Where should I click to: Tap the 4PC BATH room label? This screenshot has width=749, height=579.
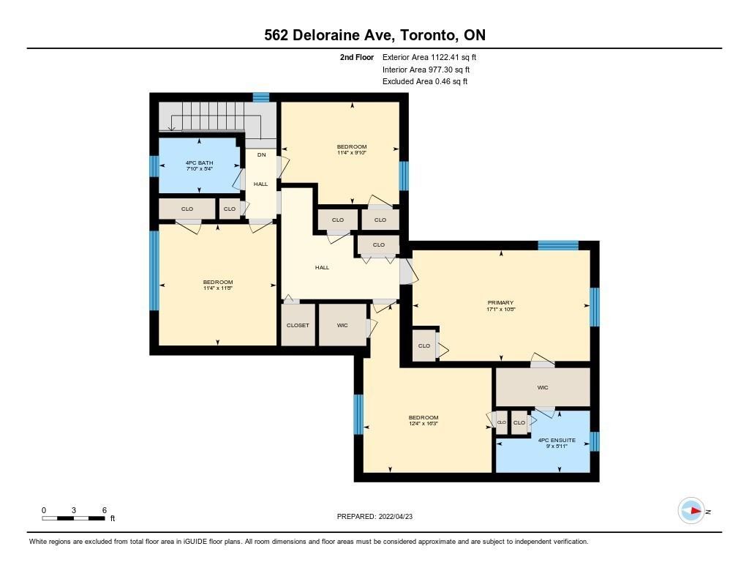tap(199, 163)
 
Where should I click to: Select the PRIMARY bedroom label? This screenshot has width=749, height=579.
tap(500, 302)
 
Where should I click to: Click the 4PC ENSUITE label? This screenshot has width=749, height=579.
tap(557, 441)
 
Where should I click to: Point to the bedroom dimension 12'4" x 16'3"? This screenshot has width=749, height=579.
tap(424, 424)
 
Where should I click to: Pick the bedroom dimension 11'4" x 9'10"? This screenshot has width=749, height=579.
tap(352, 153)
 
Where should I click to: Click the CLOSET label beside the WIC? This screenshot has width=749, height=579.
tap(298, 325)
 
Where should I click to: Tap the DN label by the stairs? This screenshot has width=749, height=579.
tap(261, 155)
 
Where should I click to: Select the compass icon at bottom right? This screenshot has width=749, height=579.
tap(691, 511)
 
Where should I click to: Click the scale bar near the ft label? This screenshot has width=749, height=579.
tap(74, 518)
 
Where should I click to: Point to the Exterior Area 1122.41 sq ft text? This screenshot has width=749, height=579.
tap(429, 57)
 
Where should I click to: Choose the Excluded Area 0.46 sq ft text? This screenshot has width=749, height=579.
tap(425, 81)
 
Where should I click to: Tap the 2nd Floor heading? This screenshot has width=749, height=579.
tap(357, 57)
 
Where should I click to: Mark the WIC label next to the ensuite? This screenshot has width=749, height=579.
tap(543, 388)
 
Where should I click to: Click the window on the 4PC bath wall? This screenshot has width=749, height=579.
tap(154, 166)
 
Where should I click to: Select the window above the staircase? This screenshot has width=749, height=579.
tap(261, 97)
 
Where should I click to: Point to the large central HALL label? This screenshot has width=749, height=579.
tap(322, 268)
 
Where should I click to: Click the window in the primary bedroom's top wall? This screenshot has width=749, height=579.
tap(558, 245)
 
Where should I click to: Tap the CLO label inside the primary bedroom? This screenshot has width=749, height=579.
tap(424, 345)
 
